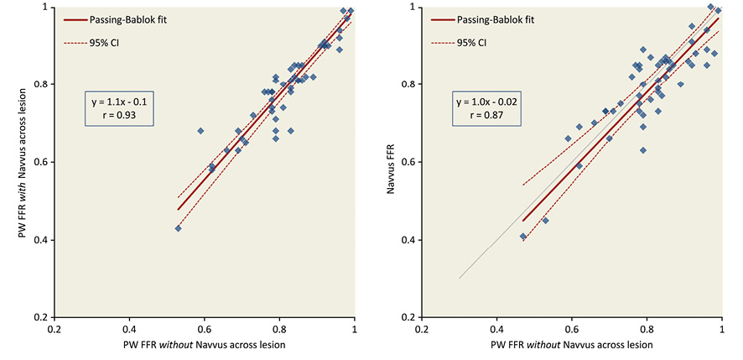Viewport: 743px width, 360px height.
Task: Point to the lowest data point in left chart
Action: pos(178,227)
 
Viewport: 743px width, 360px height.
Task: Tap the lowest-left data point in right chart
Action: pos(523,237)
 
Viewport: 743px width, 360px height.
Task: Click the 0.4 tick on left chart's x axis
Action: pos(130,330)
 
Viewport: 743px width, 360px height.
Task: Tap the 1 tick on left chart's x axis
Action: pos(354,330)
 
